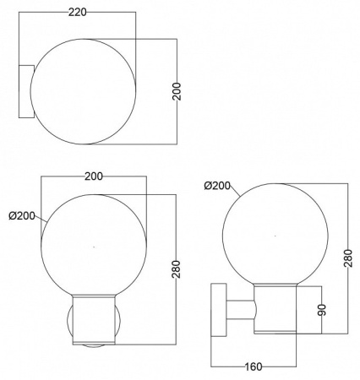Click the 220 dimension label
pyautogui.click(x=78, y=12)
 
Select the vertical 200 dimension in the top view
pyautogui.click(x=177, y=91)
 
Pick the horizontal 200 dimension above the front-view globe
pyautogui.click(x=94, y=176)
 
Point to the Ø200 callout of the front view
pyautogui.click(x=22, y=216)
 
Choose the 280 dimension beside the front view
pyautogui.click(x=176, y=269)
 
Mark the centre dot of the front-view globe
pyautogui.click(x=94, y=247)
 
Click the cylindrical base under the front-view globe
pyautogui.click(x=94, y=319)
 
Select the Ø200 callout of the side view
pyautogui.click(x=217, y=186)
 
